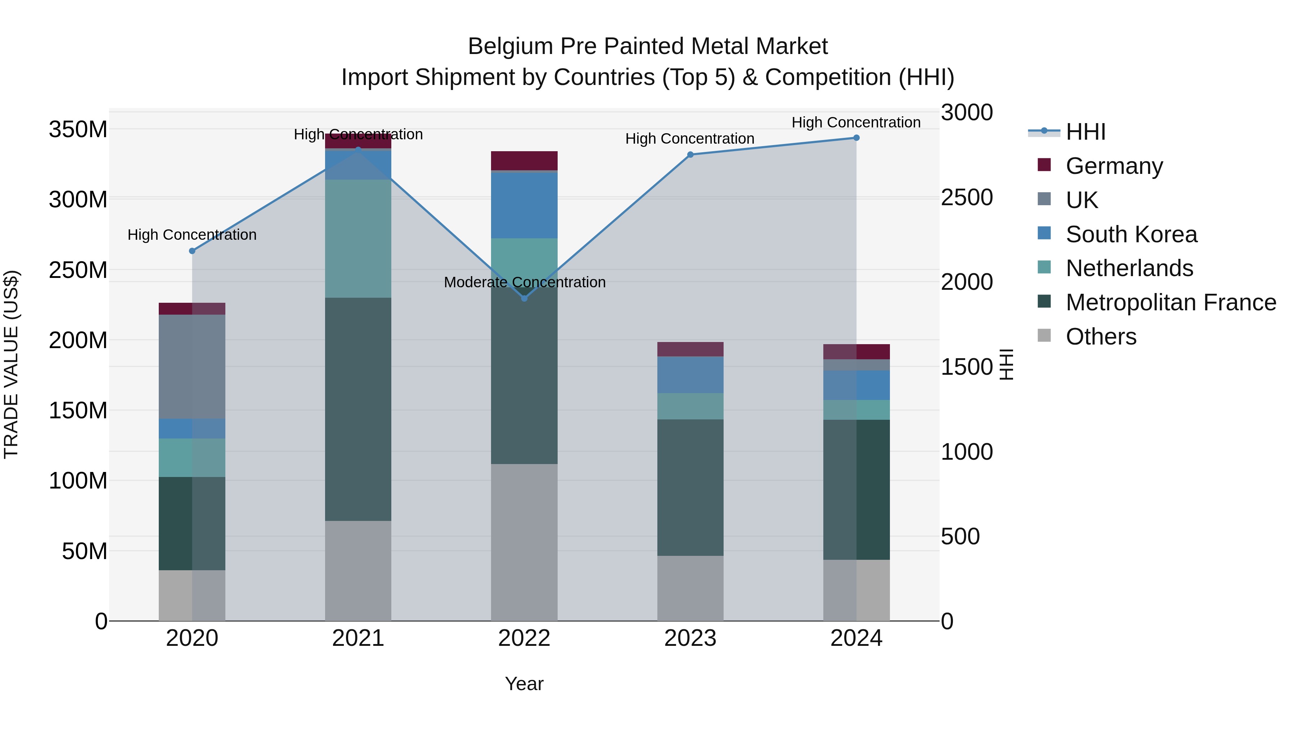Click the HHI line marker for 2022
524,298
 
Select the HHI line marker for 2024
856,138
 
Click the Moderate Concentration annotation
524,282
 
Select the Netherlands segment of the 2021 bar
358,238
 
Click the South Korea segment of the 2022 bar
524,205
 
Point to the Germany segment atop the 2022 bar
524,161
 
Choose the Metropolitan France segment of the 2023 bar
690,487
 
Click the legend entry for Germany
1113,166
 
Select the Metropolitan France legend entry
1170,302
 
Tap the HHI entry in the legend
1085,132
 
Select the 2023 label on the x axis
690,638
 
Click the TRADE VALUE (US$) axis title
11,364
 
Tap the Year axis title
524,684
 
